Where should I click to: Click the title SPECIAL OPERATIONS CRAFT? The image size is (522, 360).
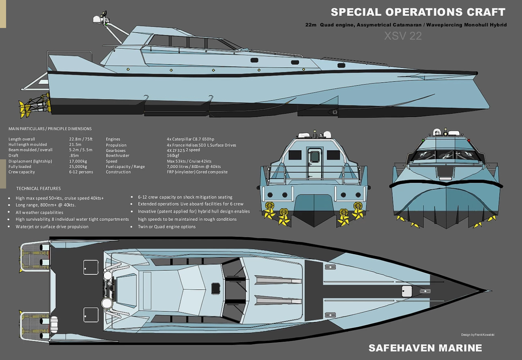coord(418,12)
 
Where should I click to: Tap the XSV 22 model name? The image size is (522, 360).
coord(403,36)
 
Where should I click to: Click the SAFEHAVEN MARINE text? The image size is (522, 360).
coord(425,348)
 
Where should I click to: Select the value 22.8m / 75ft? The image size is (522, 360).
coord(81,139)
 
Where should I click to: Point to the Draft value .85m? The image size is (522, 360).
coord(74,156)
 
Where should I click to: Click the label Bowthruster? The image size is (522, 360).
coord(117,156)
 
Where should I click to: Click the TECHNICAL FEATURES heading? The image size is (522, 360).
coord(39,189)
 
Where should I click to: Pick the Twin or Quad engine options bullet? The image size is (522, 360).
coord(167,227)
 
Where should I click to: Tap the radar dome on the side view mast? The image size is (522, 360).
coord(97,19)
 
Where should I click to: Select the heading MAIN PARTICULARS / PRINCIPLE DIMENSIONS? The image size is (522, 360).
coord(50,129)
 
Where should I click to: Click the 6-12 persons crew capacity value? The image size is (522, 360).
coord(81,172)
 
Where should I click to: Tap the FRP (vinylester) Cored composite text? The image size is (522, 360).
coord(197,172)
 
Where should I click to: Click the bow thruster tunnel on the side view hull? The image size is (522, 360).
coord(334,111)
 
